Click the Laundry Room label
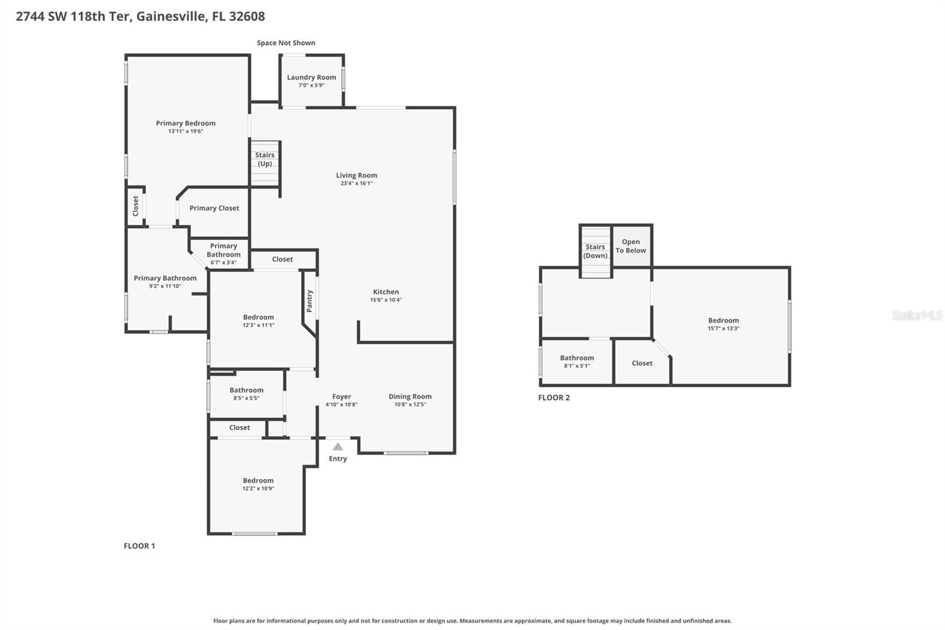(x=311, y=77)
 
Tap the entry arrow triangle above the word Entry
(x=338, y=447)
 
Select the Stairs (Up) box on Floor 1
(x=265, y=163)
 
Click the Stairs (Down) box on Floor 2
(x=595, y=252)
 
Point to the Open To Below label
(x=631, y=246)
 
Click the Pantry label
(x=309, y=301)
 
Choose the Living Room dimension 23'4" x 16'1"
(x=356, y=183)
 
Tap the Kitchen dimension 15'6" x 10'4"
(x=386, y=300)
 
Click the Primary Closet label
(x=214, y=208)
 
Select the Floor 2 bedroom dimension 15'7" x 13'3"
(x=724, y=329)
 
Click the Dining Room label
(x=410, y=397)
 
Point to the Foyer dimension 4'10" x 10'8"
(x=341, y=405)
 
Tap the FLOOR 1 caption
(x=139, y=546)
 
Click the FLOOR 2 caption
(x=554, y=398)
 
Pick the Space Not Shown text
(x=286, y=43)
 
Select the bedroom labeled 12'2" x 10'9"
(x=258, y=485)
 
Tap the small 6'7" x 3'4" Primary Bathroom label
(x=223, y=262)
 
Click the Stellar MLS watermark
(x=917, y=316)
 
